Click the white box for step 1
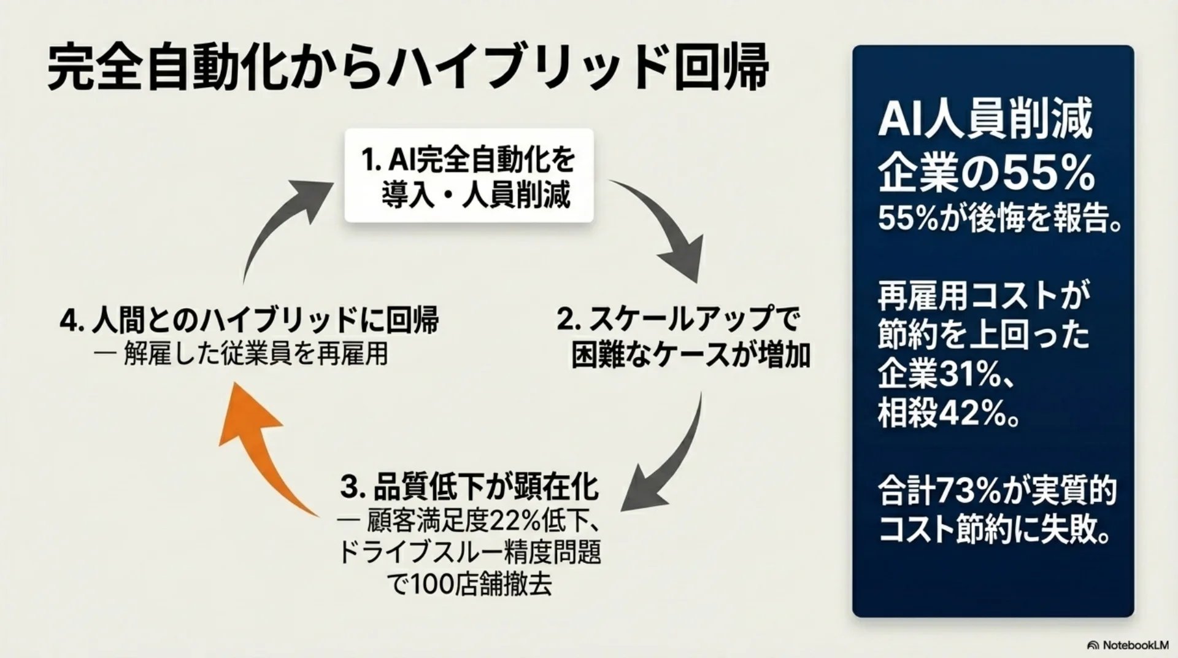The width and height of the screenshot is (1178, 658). point(469,176)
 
